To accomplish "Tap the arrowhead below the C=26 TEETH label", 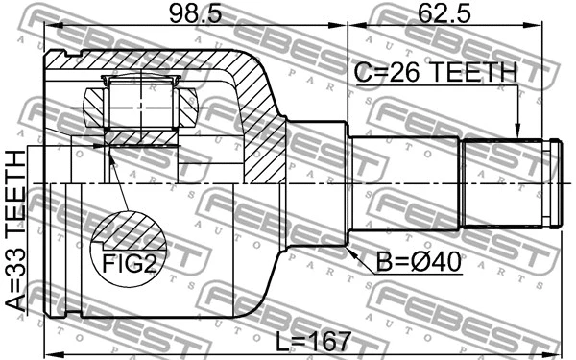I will pyautogui.click(x=518, y=133).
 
